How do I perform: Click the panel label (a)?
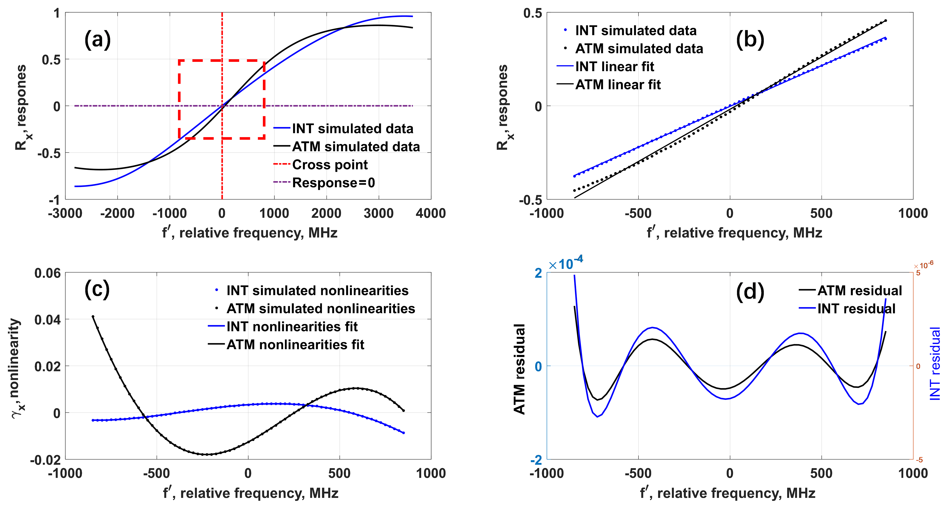(97, 40)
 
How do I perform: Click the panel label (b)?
(750, 40)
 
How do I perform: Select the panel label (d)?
(750, 292)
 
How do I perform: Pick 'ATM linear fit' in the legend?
(618, 85)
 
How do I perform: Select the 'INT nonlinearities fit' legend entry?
(292, 326)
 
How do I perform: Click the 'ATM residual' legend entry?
(859, 291)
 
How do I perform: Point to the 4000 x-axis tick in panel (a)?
(431, 213)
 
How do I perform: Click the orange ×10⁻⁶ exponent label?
(923, 265)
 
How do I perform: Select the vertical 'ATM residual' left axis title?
(519, 369)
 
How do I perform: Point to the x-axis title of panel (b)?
(734, 233)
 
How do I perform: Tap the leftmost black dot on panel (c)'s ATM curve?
(93, 316)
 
